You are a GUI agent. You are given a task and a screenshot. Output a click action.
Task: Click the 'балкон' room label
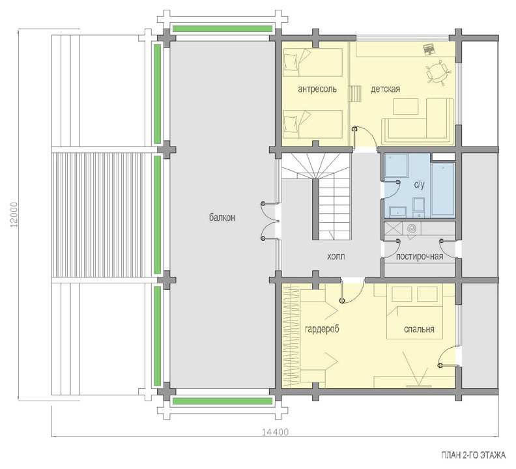[222, 218]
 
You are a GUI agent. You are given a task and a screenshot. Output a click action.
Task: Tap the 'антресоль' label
[317, 89]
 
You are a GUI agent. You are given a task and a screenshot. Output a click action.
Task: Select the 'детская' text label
[385, 89]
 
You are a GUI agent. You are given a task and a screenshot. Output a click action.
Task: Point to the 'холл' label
[336, 257]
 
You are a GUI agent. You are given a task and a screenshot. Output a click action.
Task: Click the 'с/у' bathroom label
[420, 185]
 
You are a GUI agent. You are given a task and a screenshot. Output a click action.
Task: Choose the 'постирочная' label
[420, 257]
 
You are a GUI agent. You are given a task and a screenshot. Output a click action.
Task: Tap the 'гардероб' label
[322, 329]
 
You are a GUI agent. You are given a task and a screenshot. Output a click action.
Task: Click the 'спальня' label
[419, 329]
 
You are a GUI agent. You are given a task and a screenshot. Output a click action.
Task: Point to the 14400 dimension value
[275, 432]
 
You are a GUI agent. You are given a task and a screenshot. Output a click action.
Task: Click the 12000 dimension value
[14, 214]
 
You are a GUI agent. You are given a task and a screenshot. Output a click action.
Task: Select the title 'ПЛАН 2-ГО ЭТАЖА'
[473, 455]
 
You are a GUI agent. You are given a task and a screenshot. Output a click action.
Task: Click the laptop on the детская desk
[429, 49]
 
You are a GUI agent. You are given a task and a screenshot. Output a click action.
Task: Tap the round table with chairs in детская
[437, 71]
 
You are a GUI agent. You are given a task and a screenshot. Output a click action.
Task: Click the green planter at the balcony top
[222, 29]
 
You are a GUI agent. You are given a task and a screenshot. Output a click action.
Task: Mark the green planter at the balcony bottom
[222, 401]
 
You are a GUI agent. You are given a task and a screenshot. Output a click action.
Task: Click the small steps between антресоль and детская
[355, 94]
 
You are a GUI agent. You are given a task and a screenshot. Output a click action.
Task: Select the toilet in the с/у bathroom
[418, 208]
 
